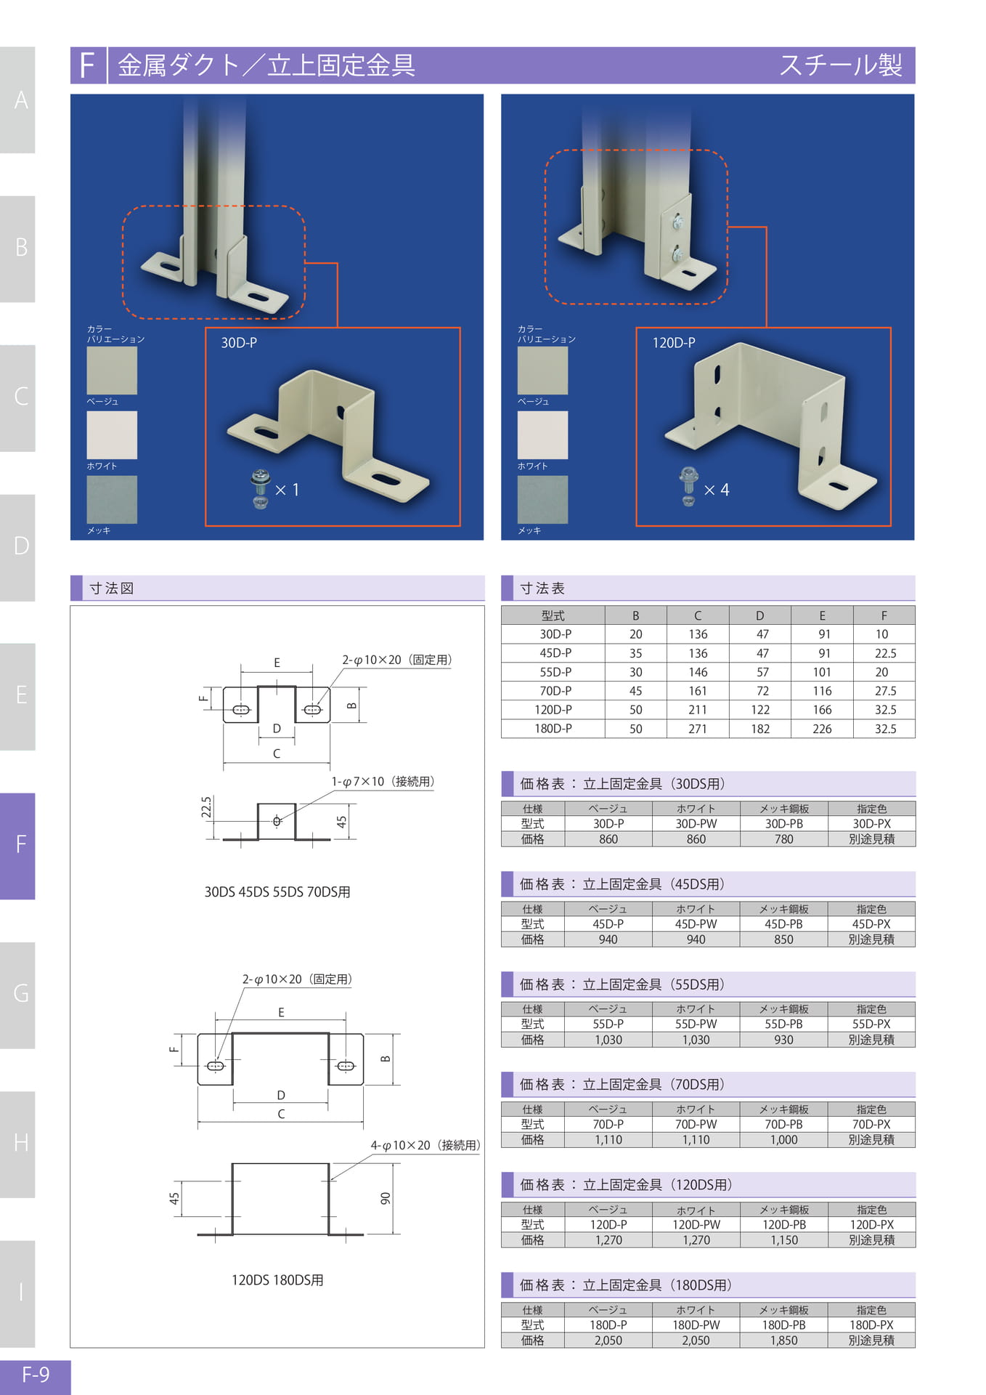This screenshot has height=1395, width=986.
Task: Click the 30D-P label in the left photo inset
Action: [x=239, y=343]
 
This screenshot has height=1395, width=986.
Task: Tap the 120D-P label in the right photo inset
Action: [x=674, y=343]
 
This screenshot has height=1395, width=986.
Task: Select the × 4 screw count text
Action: [x=717, y=490]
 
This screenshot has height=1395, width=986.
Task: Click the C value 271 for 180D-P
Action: [x=698, y=729]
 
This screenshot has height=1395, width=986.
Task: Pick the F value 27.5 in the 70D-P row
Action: [x=885, y=691]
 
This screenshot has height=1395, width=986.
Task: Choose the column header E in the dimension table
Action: [x=822, y=615]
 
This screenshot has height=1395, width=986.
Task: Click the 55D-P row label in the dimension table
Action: [x=555, y=672]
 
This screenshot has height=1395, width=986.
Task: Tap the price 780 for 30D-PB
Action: [x=784, y=839]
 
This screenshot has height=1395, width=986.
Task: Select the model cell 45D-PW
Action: [x=696, y=924]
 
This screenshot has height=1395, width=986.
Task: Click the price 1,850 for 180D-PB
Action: [x=784, y=1341]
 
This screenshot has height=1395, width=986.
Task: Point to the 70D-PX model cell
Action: [x=871, y=1125]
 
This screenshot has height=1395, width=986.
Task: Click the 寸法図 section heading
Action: [x=112, y=589]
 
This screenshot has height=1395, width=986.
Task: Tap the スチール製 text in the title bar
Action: [x=841, y=65]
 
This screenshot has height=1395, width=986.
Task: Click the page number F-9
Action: [x=36, y=1375]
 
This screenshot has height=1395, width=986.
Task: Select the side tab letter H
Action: [x=21, y=1143]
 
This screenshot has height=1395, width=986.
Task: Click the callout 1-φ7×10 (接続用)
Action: [x=383, y=782]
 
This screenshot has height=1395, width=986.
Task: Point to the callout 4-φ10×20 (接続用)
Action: [x=425, y=1146]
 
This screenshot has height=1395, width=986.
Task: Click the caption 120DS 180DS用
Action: [x=277, y=1280]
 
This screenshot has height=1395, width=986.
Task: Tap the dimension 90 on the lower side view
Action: [x=386, y=1198]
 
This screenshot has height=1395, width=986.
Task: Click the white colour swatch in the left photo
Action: [x=112, y=435]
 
